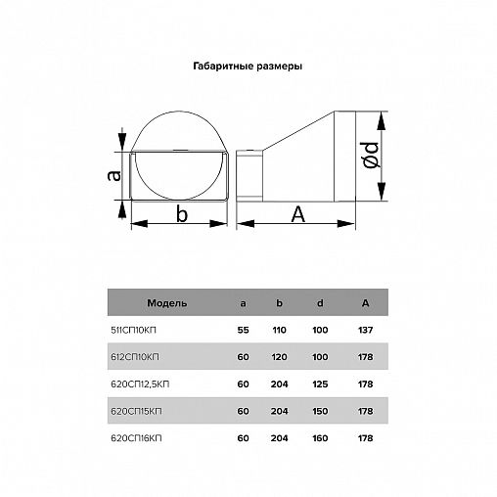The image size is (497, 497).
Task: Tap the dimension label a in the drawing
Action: click(113, 175)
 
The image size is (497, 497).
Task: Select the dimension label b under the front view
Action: click(182, 214)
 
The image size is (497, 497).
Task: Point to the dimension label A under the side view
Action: click(297, 214)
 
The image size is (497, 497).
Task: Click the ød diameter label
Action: click(371, 155)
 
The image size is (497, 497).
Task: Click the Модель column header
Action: click(167, 303)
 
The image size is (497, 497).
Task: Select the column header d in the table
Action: click(320, 303)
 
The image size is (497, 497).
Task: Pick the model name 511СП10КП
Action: click(133, 330)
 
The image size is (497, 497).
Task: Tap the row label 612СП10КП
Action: click(135, 357)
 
